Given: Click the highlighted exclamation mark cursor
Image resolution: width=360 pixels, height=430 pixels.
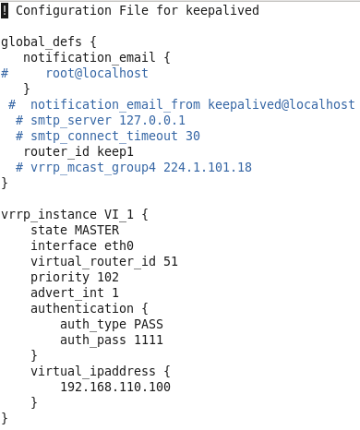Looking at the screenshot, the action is pos(5,10).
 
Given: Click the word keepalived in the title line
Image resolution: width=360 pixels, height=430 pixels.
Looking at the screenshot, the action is pos(222,10).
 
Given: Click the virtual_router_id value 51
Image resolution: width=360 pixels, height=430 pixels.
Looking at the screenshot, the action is pos(171,261).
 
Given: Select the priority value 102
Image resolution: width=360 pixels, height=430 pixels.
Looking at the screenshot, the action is pos(108,277).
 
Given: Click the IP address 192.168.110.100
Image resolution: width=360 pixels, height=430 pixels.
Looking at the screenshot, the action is pos(115,387).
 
